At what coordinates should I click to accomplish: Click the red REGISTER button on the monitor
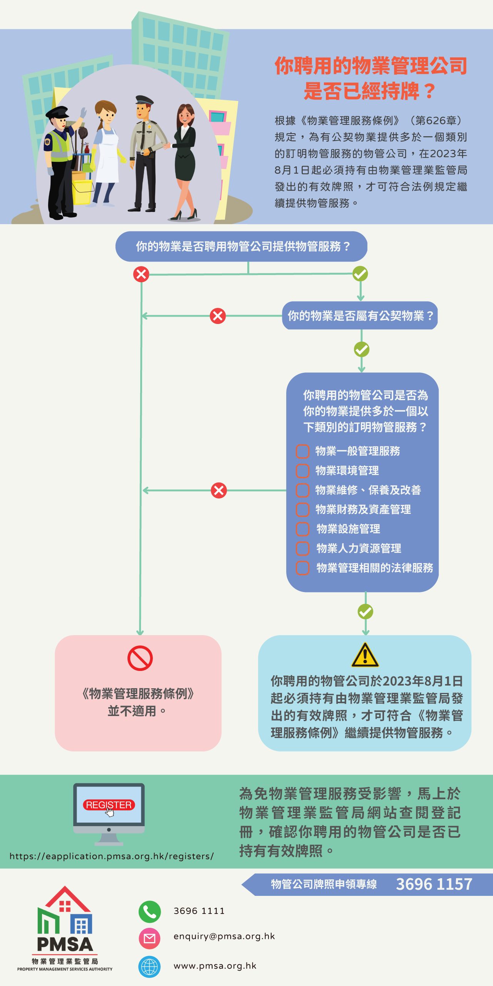click(109, 805)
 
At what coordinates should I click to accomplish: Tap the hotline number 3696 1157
click(434, 884)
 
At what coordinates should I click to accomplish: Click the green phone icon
click(149, 911)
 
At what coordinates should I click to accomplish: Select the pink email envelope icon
click(149, 938)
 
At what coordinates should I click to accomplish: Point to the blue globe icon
click(149, 966)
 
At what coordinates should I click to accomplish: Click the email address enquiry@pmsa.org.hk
click(224, 936)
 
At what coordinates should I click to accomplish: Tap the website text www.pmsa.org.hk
click(215, 966)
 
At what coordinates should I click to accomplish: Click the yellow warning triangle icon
click(365, 655)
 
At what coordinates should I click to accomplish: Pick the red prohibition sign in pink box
click(140, 658)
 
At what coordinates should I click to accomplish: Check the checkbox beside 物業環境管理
click(303, 471)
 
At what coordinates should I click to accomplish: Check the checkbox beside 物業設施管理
click(303, 529)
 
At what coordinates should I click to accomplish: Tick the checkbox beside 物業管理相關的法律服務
click(303, 568)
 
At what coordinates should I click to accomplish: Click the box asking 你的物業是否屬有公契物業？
click(360, 316)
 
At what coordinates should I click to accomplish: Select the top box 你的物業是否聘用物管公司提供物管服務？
click(241, 246)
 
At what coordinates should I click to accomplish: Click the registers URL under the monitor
click(112, 856)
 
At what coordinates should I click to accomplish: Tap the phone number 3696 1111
click(199, 911)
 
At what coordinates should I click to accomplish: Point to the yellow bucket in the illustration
click(82, 192)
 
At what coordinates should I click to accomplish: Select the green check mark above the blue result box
click(365, 611)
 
